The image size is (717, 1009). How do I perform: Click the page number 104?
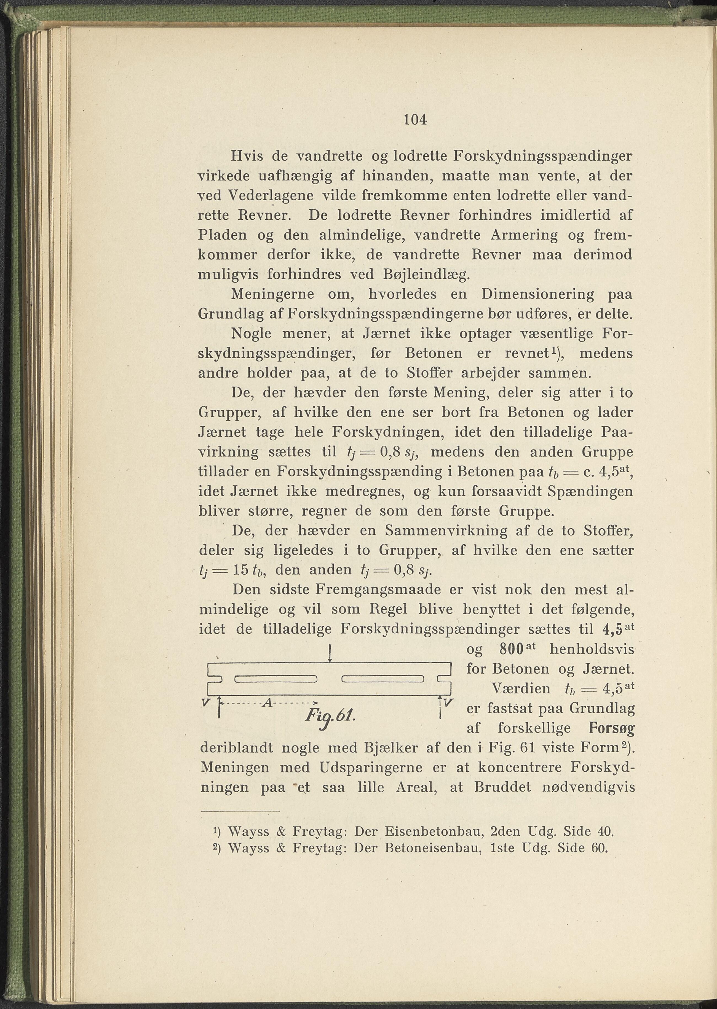tap(416, 120)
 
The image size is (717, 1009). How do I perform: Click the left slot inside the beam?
tap(276, 679)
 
